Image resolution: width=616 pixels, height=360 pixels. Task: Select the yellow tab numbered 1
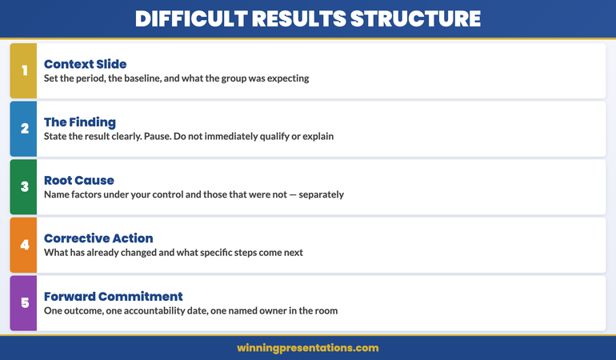[x=24, y=70]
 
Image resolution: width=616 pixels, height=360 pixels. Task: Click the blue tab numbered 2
[x=24, y=129]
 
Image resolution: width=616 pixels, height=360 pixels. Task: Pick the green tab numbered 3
[x=24, y=186]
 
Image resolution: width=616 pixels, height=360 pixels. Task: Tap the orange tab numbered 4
[x=24, y=245]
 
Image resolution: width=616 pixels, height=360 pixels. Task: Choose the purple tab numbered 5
[x=24, y=303]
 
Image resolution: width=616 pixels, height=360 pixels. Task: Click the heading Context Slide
[x=85, y=64]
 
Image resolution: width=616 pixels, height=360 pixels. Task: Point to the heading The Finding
[x=80, y=122]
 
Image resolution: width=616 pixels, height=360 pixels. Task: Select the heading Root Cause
[x=79, y=180]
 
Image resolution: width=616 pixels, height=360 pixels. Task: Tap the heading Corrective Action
[x=98, y=238]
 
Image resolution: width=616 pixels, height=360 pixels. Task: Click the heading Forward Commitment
[x=114, y=296]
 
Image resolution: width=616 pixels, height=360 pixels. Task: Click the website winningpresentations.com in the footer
[x=308, y=348]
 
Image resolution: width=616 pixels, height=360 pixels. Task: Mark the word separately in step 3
[x=316, y=194]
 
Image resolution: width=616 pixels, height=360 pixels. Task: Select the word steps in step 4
[x=244, y=253]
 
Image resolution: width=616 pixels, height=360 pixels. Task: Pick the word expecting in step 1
[x=285, y=78]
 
